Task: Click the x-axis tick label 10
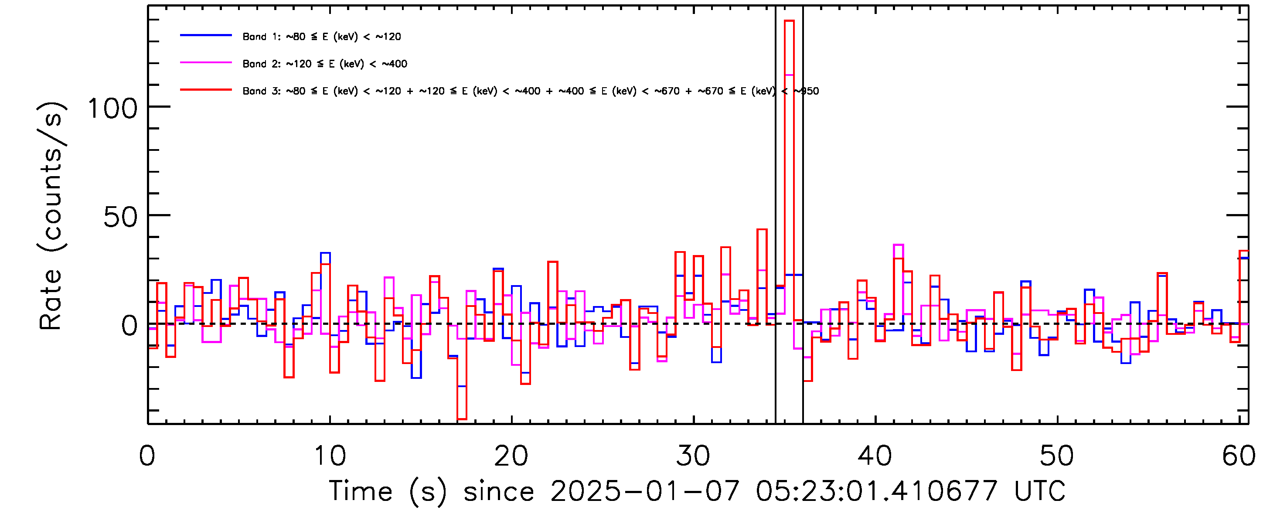click(329, 456)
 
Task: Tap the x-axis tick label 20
click(511, 456)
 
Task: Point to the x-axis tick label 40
click(875, 456)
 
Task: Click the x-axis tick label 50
click(1057, 456)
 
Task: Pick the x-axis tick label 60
click(1239, 456)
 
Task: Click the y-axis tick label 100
click(112, 109)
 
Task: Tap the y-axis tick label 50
click(120, 217)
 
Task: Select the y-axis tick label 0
click(129, 326)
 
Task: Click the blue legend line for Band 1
click(206, 35)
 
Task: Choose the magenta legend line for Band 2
click(206, 63)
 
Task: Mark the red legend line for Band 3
click(206, 90)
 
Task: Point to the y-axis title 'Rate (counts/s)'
click(51, 216)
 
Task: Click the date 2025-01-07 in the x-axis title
click(644, 491)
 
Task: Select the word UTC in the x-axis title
click(1040, 491)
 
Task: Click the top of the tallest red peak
click(789, 21)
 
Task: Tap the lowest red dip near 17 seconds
click(462, 419)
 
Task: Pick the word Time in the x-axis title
click(361, 491)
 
